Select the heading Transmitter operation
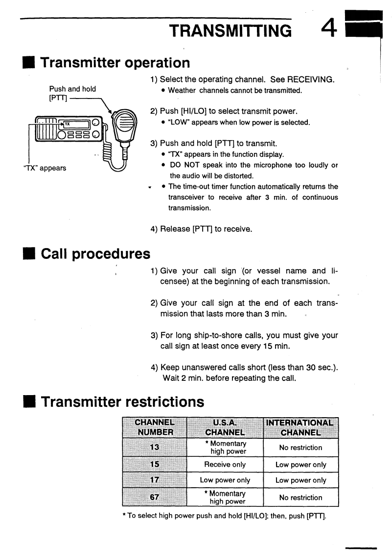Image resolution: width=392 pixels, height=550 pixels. (x=115, y=63)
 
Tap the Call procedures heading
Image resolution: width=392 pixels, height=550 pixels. (x=95, y=253)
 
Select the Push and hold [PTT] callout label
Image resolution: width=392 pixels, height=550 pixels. (x=72, y=94)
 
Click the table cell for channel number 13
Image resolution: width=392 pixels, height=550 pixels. (x=154, y=448)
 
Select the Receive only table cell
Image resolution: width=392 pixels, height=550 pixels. (x=225, y=464)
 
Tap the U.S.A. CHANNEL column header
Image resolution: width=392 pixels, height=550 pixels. (x=225, y=427)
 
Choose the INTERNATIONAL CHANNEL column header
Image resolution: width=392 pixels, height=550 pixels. (x=300, y=427)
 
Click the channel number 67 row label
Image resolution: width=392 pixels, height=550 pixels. (x=154, y=497)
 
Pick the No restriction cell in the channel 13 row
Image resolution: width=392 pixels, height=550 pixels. (x=300, y=448)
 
